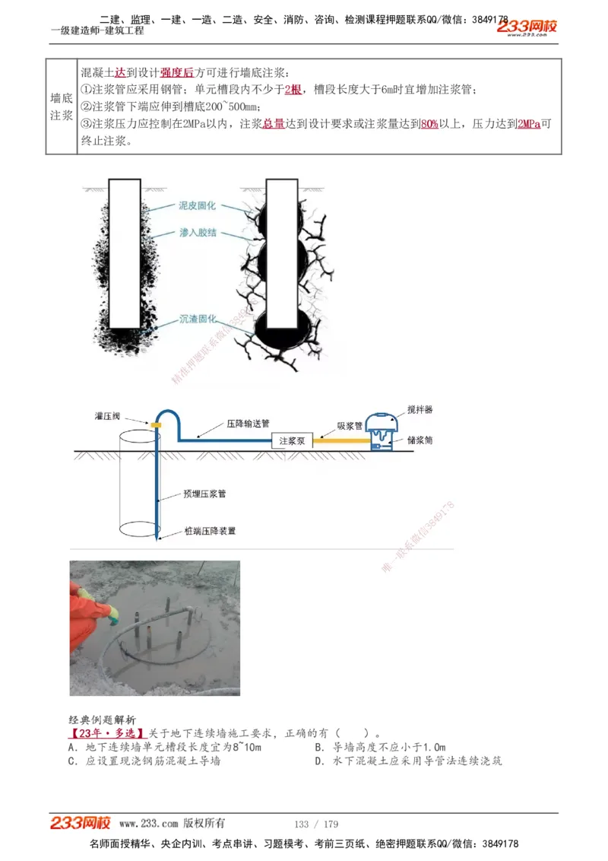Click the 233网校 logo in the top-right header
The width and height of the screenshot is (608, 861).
tap(527, 27)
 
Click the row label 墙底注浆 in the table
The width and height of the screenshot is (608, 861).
tap(62, 107)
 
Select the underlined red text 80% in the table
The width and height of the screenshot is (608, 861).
tap(429, 123)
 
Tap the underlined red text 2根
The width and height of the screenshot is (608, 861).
tap(293, 90)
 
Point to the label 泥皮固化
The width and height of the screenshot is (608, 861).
tap(197, 205)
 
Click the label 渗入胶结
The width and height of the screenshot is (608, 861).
tap(197, 232)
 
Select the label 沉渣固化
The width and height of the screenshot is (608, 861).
tap(198, 319)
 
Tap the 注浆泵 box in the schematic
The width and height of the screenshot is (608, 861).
tap(292, 440)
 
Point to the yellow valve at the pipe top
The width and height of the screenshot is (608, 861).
tap(156, 424)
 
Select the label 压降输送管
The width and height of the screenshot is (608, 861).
tap(248, 424)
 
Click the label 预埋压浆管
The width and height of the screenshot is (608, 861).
tap(204, 494)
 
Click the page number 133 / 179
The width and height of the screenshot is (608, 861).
tap(316, 824)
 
